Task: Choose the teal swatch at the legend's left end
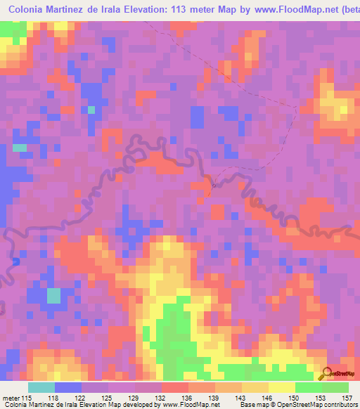click(41, 387)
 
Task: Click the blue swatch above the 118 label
click(68, 387)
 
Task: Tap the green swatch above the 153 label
click(309, 387)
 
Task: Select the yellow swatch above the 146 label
click(255, 387)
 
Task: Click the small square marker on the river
click(214, 185)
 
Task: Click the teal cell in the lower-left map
click(53, 295)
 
